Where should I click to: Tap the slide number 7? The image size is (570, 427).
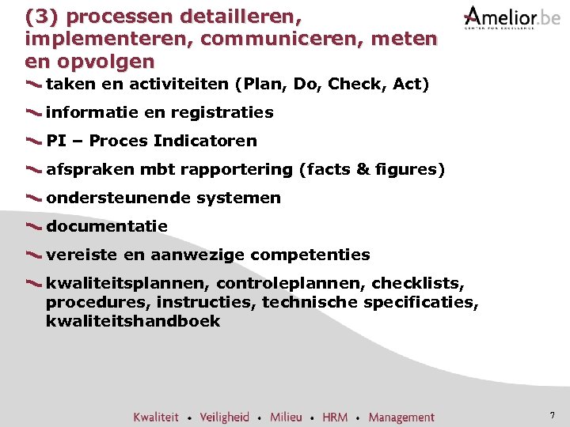pyautogui.click(x=552, y=415)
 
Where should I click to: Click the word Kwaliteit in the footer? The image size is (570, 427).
pyautogui.click(x=156, y=417)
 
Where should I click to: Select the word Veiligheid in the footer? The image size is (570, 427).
pyautogui.click(x=224, y=417)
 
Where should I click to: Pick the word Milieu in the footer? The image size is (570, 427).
pyautogui.click(x=286, y=417)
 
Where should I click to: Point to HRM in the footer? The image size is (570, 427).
pyautogui.click(x=335, y=417)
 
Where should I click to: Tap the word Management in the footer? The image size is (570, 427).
pyautogui.click(x=401, y=417)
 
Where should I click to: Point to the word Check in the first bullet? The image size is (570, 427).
pyautogui.click(x=352, y=84)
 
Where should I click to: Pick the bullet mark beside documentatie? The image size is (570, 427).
pyautogui.click(x=34, y=227)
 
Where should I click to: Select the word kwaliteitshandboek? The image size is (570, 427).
pyautogui.click(x=133, y=321)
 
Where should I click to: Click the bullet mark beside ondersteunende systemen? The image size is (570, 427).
pyautogui.click(x=34, y=198)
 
